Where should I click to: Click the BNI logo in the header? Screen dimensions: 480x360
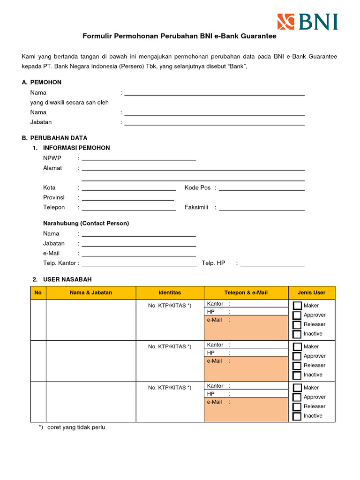coord(307,22)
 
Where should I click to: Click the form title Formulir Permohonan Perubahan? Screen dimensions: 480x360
coord(180,36)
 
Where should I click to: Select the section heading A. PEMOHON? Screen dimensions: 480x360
coord(42,82)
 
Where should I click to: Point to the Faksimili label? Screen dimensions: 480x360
coord(196,207)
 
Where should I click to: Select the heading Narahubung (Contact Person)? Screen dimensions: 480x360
coord(86,223)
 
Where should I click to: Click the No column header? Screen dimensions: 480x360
coord(38,292)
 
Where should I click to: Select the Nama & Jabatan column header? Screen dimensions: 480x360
coord(91,292)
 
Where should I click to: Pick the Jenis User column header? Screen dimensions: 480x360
coord(311,292)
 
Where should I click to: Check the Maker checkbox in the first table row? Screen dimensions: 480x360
coord(297,306)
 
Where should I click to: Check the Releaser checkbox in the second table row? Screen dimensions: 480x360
coord(297,366)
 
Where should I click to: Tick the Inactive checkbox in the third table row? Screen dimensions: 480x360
coord(297,416)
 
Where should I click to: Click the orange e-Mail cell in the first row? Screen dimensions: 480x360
coord(246,327)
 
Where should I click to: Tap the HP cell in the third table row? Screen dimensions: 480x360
coord(246,394)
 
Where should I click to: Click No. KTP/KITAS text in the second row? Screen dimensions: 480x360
coord(170,346)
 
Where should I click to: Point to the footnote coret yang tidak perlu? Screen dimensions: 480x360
coord(76,427)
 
